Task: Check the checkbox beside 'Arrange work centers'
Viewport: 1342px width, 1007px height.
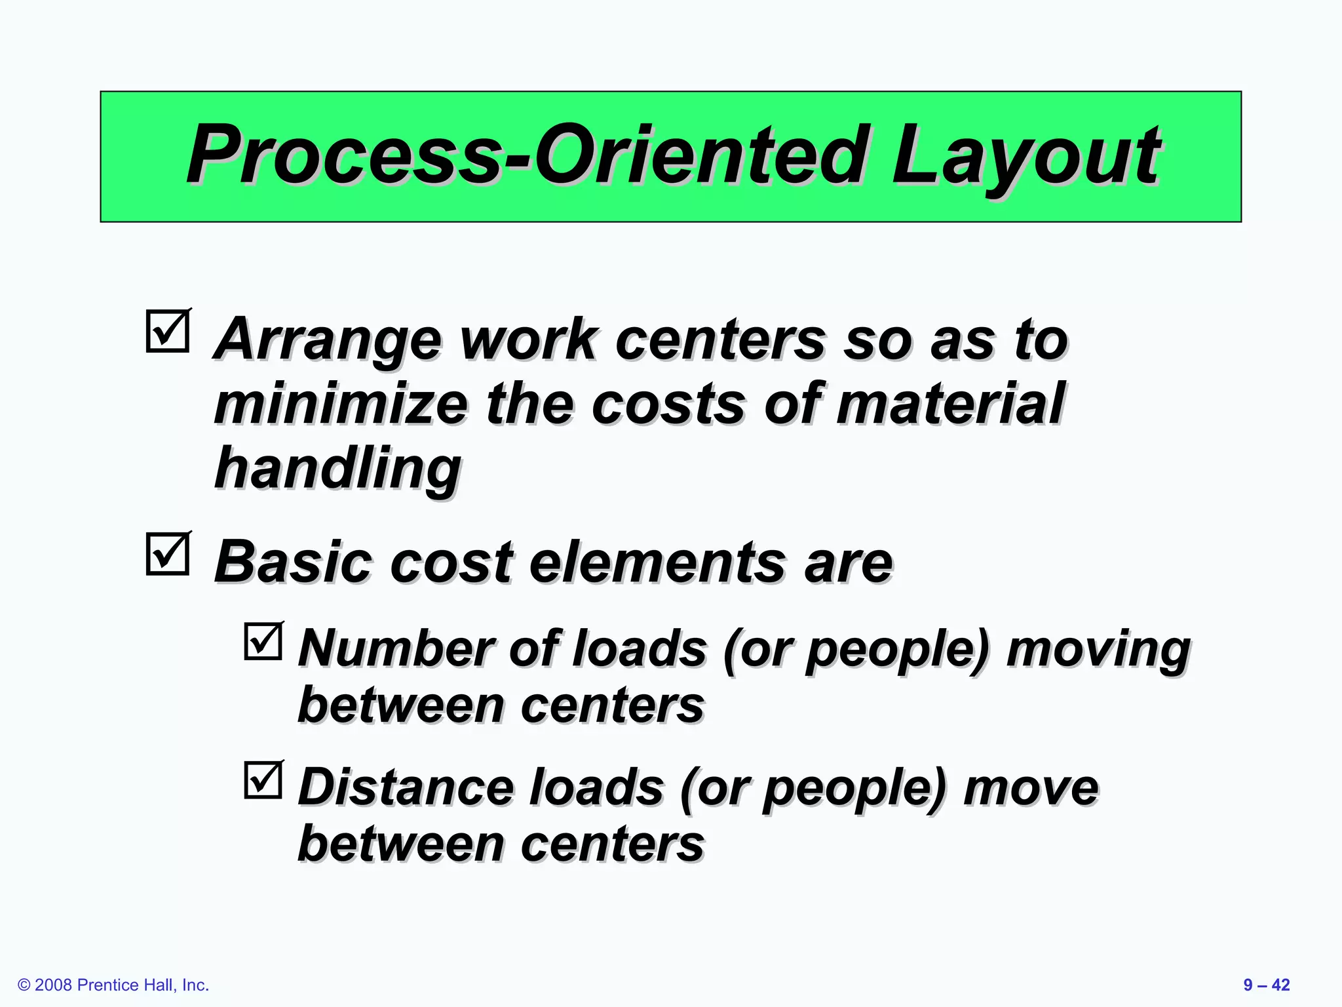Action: [168, 332]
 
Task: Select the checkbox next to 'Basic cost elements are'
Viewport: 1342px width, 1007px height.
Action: [168, 555]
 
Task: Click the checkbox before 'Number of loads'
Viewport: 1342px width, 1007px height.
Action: [263, 641]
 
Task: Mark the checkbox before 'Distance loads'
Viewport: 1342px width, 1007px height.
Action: [263, 780]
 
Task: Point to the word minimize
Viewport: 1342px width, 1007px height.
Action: [341, 405]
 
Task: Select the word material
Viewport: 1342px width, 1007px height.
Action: [951, 405]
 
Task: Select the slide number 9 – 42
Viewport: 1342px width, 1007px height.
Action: [1266, 985]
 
